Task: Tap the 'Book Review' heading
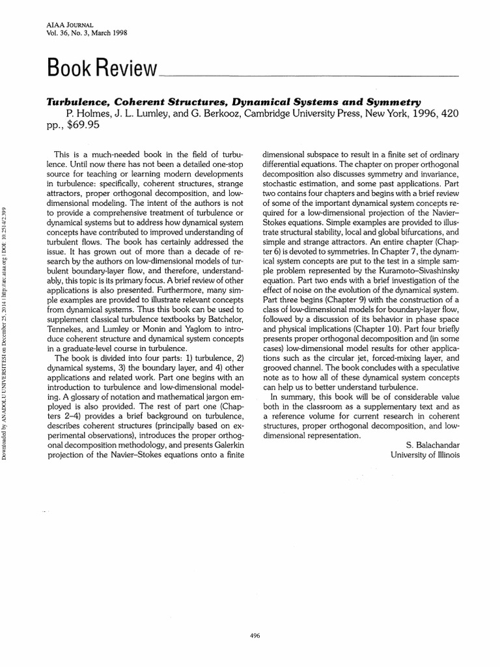(x=101, y=68)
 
